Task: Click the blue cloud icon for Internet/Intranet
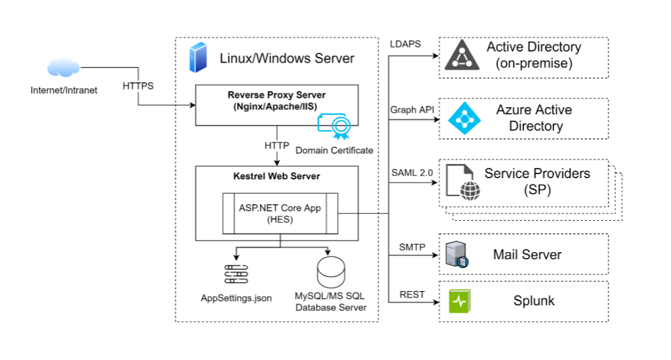(63, 67)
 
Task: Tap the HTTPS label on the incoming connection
(138, 86)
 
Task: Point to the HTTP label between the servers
(276, 146)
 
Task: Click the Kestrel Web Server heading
(276, 176)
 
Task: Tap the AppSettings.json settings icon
(236, 273)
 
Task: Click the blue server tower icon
(197, 57)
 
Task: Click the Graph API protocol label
(412, 110)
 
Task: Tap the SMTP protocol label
(412, 246)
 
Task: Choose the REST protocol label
(412, 294)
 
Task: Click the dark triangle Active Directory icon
(461, 55)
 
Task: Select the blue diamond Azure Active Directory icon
(461, 118)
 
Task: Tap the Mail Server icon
(457, 254)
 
